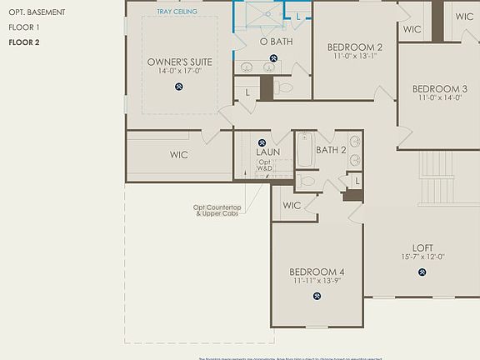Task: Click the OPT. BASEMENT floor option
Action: point(37,12)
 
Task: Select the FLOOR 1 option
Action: point(24,27)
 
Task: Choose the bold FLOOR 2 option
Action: point(25,42)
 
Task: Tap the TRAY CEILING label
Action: point(177,12)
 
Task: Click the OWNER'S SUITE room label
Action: point(179,62)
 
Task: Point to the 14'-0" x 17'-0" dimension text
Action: point(179,72)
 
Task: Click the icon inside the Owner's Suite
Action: point(179,86)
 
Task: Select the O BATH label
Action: point(275,42)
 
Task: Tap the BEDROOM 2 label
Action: point(355,47)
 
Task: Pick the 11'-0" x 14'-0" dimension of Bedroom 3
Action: point(439,98)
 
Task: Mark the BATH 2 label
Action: point(331,150)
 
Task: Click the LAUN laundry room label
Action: point(267,152)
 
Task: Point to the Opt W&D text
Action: point(264,165)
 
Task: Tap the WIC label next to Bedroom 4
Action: point(292,205)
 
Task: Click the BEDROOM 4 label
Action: point(317,272)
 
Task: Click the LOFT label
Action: point(422,247)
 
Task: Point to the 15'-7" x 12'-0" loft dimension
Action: point(422,257)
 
